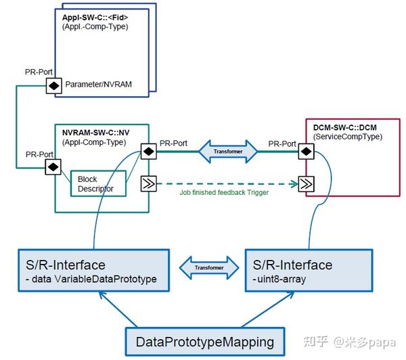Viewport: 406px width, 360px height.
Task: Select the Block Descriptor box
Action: pos(98,184)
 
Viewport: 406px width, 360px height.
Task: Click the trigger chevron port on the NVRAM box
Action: pos(148,182)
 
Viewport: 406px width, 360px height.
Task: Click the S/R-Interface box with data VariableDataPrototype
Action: pos(92,268)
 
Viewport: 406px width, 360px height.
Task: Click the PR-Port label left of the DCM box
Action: pos(282,143)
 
